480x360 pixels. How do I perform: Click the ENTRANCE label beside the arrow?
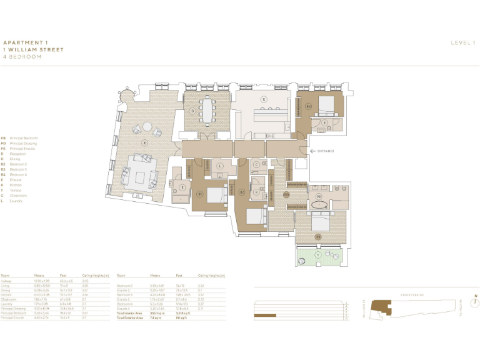(x=326, y=151)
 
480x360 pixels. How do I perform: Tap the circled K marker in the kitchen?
(x=264, y=99)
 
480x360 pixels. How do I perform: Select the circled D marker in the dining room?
(x=193, y=111)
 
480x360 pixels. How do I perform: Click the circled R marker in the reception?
(x=145, y=142)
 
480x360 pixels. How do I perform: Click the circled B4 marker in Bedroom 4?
(x=309, y=107)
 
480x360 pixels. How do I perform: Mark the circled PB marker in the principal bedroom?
(x=317, y=237)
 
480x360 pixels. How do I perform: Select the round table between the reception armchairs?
(x=147, y=126)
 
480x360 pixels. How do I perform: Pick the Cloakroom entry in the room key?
(x=17, y=196)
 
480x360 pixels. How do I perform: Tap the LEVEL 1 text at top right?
(x=463, y=42)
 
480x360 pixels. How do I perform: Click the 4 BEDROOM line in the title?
(x=22, y=56)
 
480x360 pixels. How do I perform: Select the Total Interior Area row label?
(x=129, y=313)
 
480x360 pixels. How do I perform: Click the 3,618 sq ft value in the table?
(x=182, y=313)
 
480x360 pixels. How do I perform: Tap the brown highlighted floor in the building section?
(x=265, y=316)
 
